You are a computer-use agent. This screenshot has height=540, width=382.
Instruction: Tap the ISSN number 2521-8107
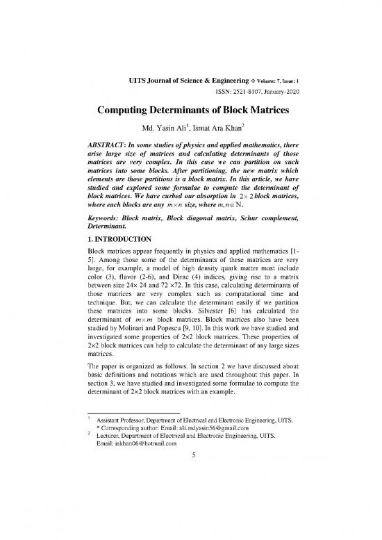pos(235,95)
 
